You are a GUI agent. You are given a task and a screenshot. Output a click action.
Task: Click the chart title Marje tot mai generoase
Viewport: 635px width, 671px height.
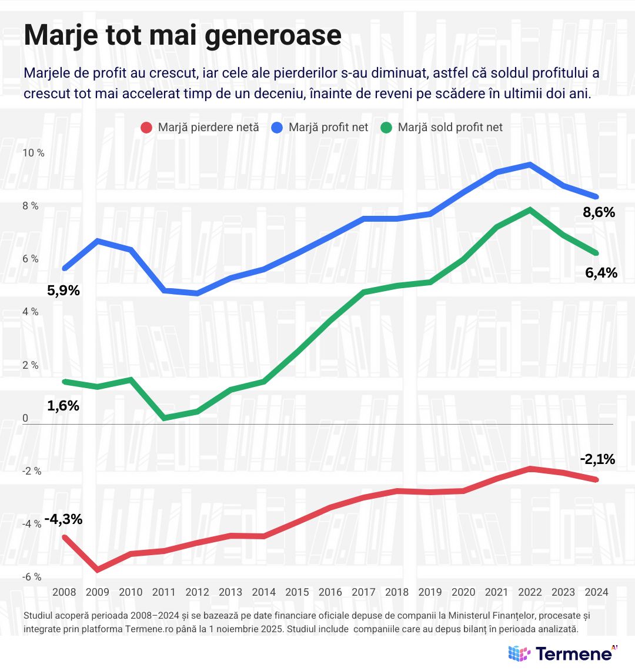[x=182, y=35]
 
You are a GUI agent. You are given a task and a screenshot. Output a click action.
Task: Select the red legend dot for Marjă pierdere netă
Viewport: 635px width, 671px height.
[x=147, y=127]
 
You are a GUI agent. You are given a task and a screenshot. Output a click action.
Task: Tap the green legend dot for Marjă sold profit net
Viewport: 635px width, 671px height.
[x=387, y=127]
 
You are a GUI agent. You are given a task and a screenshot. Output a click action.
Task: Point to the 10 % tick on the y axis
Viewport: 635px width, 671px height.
[x=33, y=153]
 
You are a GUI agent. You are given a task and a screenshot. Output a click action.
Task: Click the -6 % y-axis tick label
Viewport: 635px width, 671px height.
[x=32, y=577]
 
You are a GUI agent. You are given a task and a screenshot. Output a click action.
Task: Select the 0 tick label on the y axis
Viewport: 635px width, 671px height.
[x=25, y=419]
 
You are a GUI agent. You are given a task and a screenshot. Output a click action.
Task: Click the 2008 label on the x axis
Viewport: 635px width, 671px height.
[x=64, y=592]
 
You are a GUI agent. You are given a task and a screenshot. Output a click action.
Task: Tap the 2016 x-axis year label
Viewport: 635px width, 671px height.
[x=330, y=592]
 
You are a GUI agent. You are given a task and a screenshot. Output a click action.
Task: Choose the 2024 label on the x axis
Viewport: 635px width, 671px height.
[x=596, y=592]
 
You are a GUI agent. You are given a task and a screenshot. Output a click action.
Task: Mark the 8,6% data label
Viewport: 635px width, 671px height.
[x=599, y=213]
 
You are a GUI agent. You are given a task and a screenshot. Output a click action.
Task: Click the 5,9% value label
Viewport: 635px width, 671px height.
[x=63, y=291]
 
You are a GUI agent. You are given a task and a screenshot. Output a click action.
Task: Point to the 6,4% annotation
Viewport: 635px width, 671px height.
[x=601, y=273]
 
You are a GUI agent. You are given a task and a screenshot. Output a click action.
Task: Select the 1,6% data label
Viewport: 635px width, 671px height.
[x=63, y=406]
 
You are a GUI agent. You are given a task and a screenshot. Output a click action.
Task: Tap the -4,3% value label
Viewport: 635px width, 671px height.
[x=63, y=519]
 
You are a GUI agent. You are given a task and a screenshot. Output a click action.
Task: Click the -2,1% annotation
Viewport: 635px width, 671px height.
[x=597, y=459]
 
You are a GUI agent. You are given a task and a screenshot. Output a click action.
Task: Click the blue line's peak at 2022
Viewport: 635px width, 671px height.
[x=530, y=165]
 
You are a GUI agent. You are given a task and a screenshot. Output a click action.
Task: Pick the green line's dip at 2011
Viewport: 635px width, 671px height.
[x=164, y=418]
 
